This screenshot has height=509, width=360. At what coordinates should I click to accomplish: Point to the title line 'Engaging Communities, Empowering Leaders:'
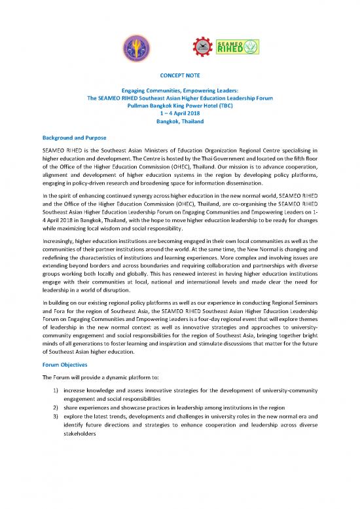[179, 100]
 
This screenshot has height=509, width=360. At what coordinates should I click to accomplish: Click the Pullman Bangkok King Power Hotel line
[179, 115]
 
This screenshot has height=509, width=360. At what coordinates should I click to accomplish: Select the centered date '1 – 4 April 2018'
[179, 122]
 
